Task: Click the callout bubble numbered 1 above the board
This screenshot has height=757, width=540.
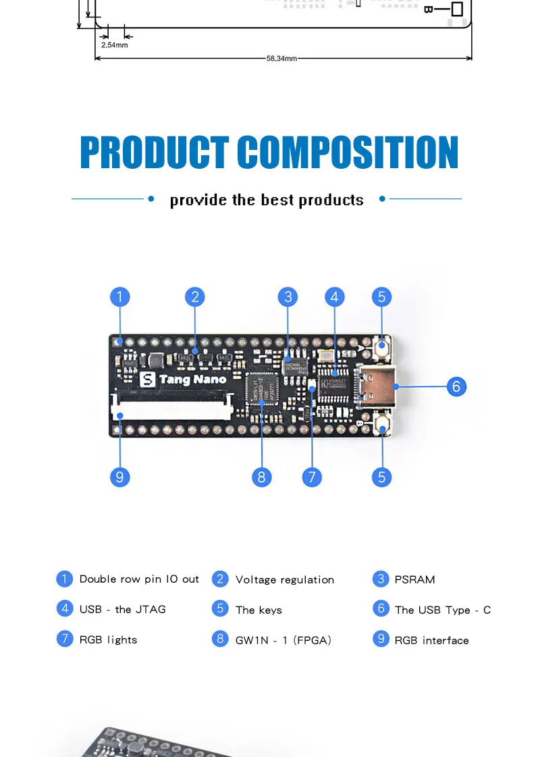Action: [119, 296]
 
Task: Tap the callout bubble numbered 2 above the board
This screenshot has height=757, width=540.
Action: [194, 296]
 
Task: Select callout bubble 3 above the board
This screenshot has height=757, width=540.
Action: [288, 296]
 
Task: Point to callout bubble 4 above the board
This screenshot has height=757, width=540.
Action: [334, 296]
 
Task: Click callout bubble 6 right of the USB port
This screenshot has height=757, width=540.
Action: [457, 386]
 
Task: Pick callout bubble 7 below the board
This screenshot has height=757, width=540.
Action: [312, 477]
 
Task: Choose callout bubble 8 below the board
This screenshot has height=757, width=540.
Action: [262, 477]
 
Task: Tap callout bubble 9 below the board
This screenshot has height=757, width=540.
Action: [119, 477]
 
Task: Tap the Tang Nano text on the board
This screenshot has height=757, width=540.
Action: [192, 380]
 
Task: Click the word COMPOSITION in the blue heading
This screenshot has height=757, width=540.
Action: [348, 153]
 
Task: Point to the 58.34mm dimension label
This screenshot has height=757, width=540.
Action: [281, 59]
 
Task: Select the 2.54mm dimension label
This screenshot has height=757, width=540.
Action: [114, 45]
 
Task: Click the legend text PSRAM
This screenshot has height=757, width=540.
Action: [414, 579]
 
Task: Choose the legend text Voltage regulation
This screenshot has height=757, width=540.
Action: [284, 579]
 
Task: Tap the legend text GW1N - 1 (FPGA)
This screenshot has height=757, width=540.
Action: [283, 640]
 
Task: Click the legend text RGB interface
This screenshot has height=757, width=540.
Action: [431, 640]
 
